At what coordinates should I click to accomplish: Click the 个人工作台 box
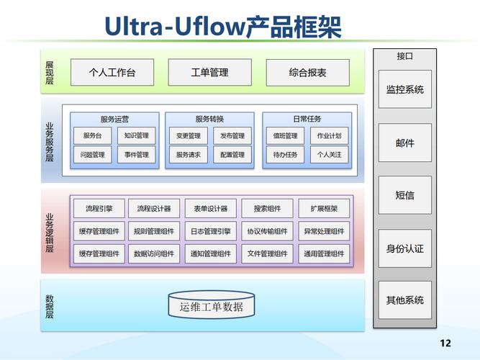coord(112,73)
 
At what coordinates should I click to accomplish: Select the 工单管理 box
coord(209,73)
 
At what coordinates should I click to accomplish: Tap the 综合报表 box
coord(307,73)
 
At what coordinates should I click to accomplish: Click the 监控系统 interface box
coord(404,89)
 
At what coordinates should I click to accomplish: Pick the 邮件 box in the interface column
coord(404,143)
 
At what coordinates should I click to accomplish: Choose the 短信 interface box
coord(404,195)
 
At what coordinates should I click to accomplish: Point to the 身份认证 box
coord(404,248)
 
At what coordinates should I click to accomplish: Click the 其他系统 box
coord(404,300)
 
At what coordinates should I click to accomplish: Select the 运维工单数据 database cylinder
coord(211,307)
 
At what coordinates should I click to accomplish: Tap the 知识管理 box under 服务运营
coord(135,135)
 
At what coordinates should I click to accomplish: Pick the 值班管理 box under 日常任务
coord(285,135)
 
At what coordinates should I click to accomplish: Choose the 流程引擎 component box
coord(99,209)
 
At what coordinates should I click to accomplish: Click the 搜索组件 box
coord(267,209)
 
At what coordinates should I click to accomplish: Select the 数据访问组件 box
coord(153,253)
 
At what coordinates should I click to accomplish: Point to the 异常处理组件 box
coord(324,231)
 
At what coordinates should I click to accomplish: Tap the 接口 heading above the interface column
coord(404,55)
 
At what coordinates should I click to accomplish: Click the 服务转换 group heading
coord(209,119)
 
